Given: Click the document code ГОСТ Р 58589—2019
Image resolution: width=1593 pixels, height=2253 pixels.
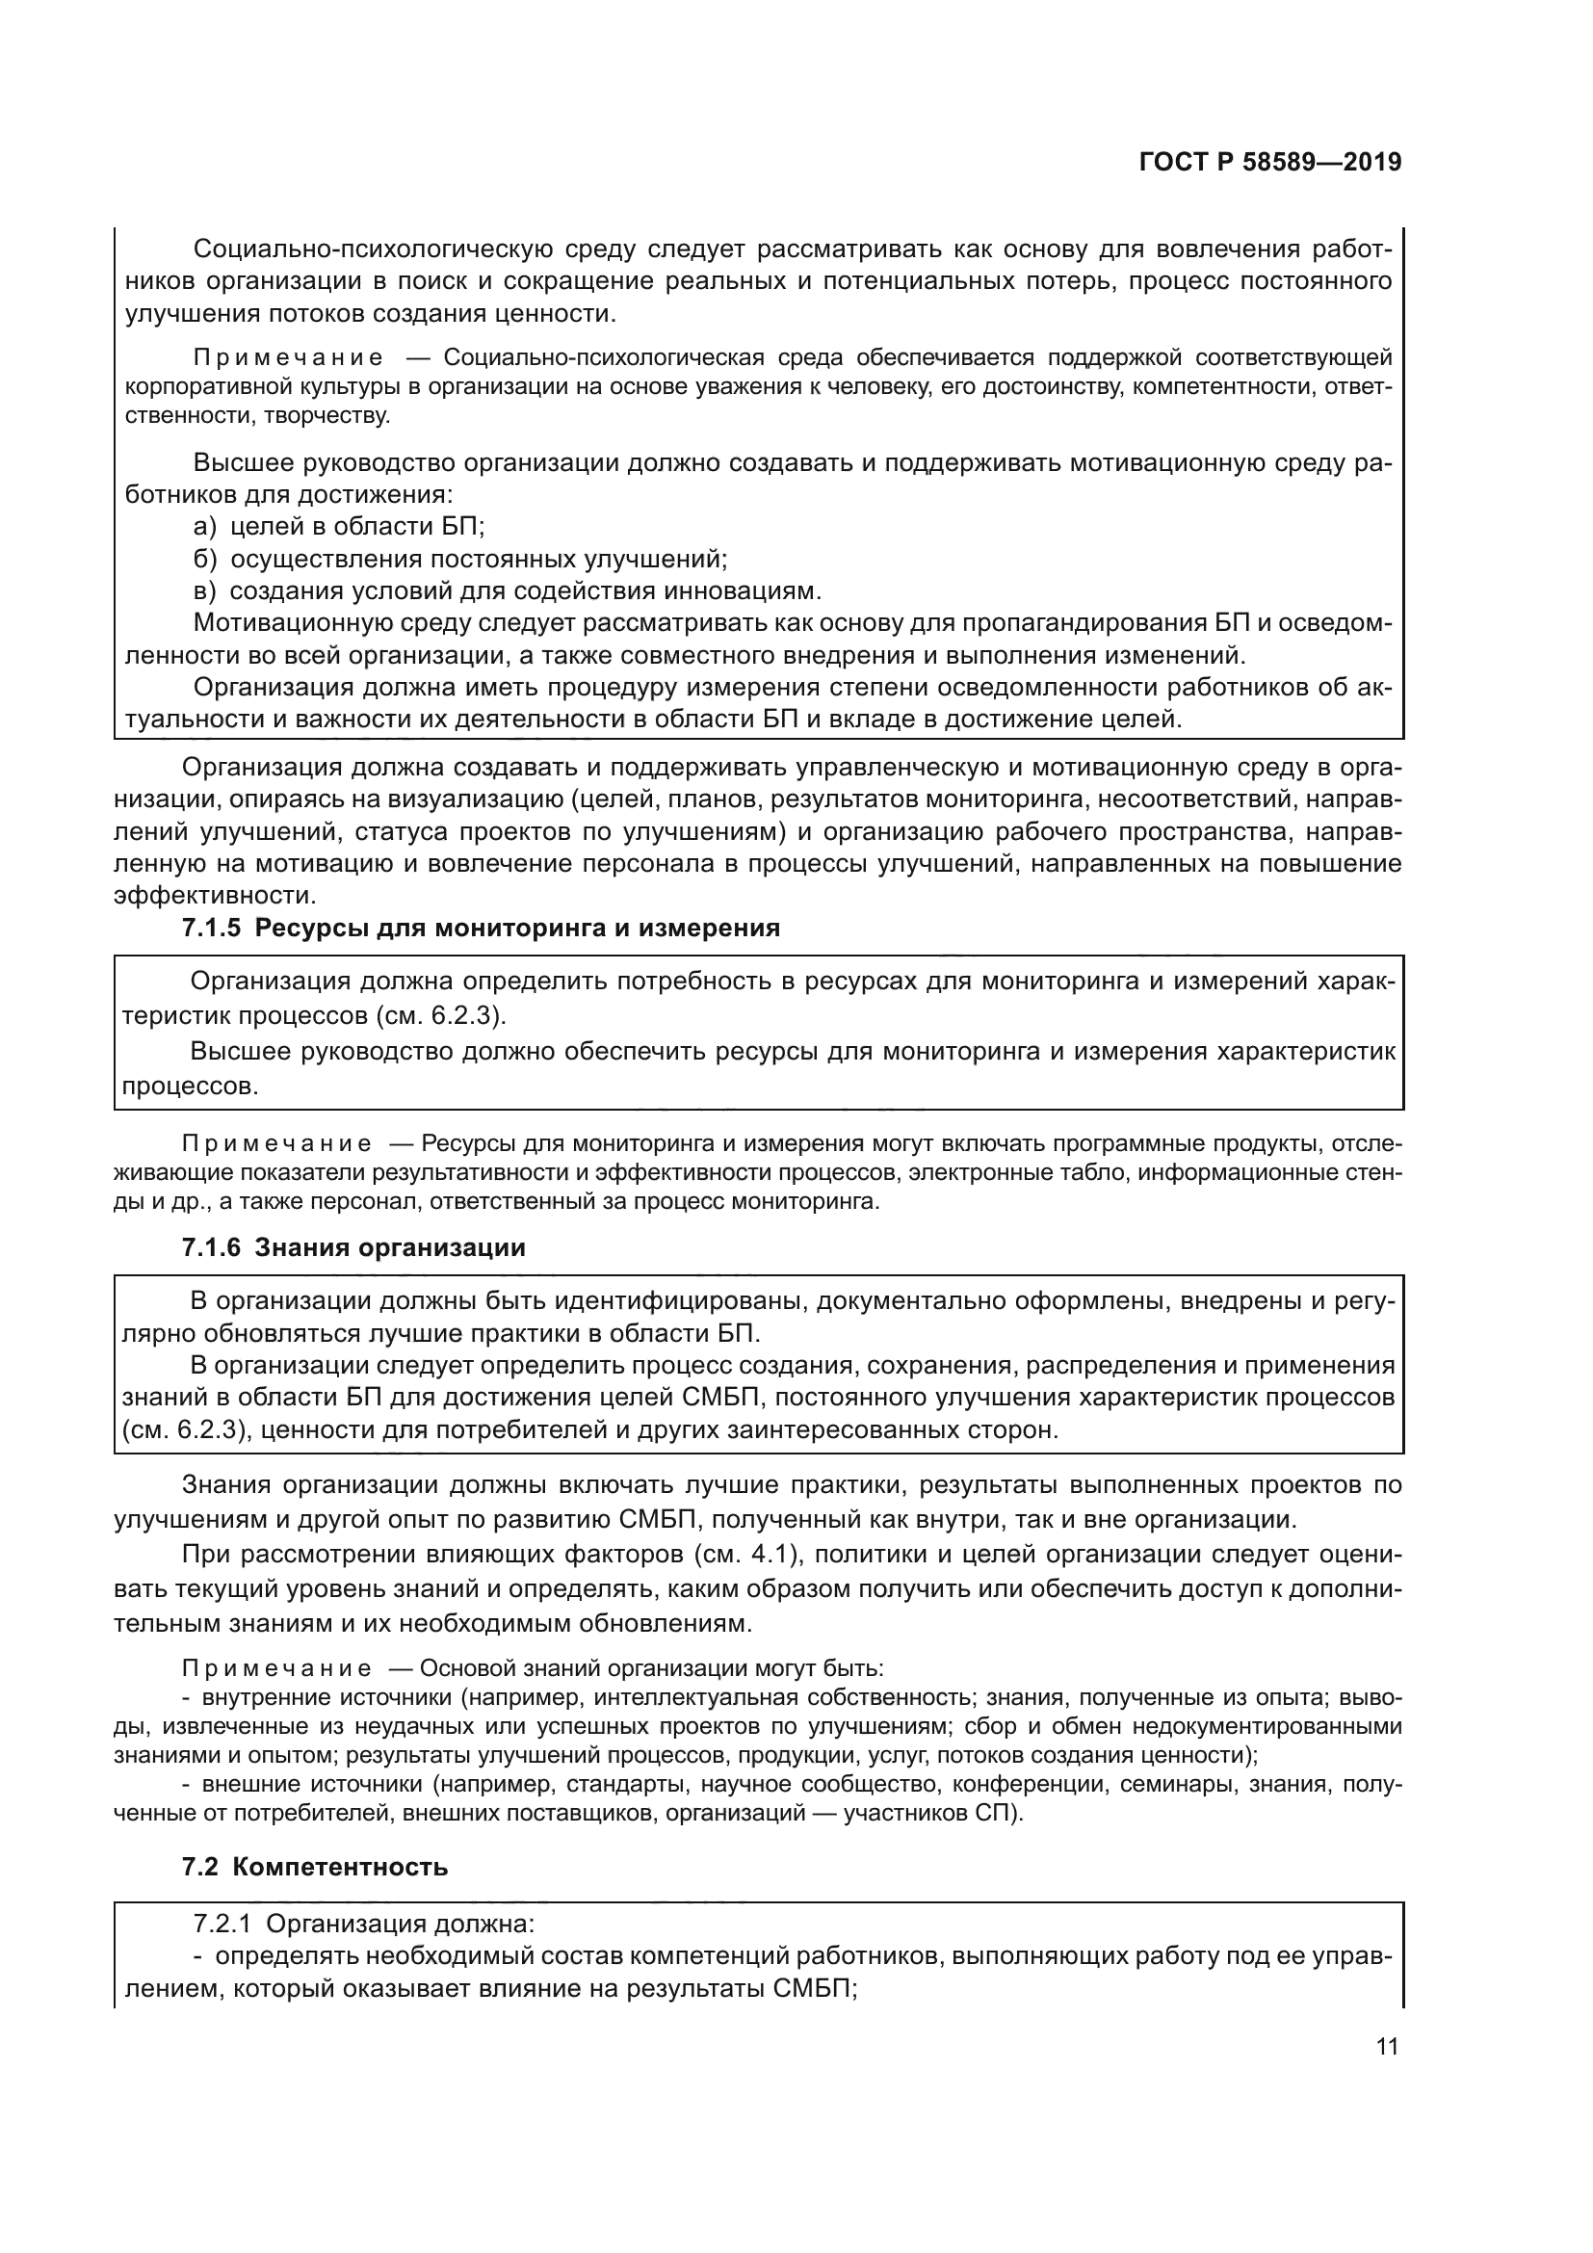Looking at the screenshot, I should (1269, 162).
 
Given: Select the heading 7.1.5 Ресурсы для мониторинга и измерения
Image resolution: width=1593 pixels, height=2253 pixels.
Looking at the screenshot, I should (481, 928).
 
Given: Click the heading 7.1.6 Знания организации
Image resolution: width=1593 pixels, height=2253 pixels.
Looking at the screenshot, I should (353, 1247).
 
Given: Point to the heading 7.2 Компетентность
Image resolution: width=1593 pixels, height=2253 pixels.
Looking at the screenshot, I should (315, 1867).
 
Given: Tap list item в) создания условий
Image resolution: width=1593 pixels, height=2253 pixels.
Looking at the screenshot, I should (506, 591).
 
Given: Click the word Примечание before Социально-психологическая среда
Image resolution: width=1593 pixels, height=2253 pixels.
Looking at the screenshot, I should (287, 356).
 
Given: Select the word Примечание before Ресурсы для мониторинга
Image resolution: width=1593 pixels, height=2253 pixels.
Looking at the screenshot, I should (276, 1143).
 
